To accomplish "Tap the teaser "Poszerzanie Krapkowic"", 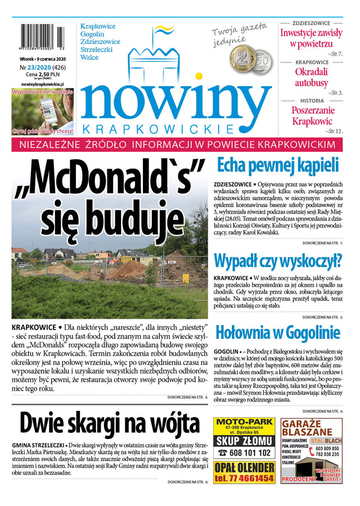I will [312, 115].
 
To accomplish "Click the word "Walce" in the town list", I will [89, 57].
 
